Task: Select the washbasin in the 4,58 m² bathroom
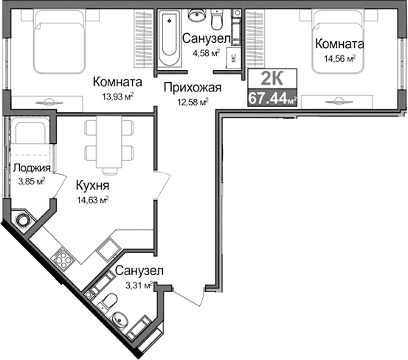[196, 16]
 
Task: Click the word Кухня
[88, 186]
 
